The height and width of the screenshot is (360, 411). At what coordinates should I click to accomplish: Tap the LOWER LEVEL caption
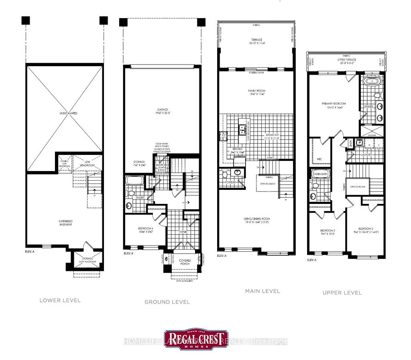(60, 300)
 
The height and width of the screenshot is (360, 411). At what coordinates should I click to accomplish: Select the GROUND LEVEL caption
(167, 302)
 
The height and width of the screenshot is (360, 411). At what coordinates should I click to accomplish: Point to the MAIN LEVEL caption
(262, 291)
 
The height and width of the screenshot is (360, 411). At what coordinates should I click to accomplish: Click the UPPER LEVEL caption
(342, 293)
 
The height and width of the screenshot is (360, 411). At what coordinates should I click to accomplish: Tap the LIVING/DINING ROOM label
(257, 220)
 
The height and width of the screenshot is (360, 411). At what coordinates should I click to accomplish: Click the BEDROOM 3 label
(327, 232)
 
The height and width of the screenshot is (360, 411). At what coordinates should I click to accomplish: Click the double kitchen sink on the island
(242, 129)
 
